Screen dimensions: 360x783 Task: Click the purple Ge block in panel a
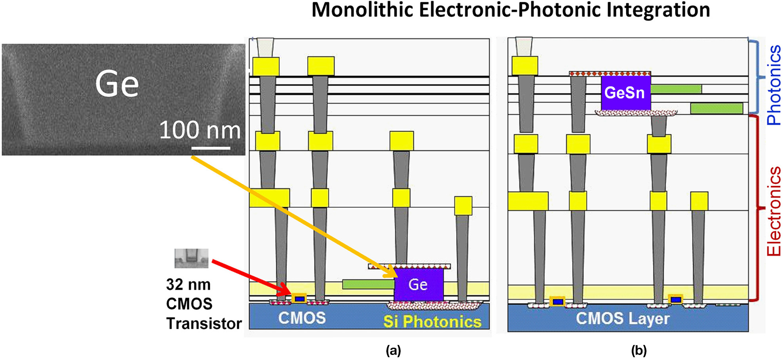418,285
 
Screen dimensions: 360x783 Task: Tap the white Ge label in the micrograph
117,84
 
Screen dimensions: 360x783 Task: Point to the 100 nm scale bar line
211,148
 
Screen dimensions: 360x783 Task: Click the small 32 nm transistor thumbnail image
192,258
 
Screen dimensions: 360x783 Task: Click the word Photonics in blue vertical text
773,85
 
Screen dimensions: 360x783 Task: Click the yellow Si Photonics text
432,322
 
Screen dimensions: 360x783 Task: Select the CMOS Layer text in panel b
622,318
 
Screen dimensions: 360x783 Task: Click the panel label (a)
393,350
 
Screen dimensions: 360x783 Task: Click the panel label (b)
639,350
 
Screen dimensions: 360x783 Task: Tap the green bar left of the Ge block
368,284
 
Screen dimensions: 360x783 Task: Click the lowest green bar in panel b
716,108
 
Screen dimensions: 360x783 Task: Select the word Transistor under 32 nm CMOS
204,324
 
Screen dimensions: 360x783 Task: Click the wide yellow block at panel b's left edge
528,201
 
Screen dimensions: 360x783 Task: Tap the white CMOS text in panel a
302,318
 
